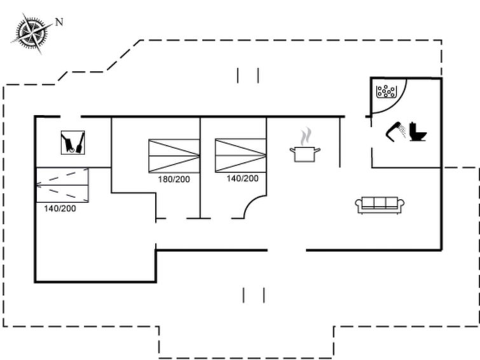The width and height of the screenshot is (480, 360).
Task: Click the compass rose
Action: tap(31, 33)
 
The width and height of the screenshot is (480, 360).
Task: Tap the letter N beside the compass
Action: tap(59, 22)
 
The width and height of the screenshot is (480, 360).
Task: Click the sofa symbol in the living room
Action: tap(380, 205)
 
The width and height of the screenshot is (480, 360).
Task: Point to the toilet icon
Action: tap(418, 132)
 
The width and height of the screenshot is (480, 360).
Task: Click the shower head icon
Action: tap(396, 131)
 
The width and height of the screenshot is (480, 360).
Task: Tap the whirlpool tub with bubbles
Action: tap(386, 92)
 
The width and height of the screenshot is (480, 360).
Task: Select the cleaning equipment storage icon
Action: tap(73, 142)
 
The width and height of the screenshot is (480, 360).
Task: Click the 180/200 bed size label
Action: tap(174, 179)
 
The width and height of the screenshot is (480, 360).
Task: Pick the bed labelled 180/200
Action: tap(174, 156)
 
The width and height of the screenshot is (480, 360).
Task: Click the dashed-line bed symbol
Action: tap(62, 185)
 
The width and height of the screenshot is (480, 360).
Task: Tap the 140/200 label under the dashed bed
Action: tap(60, 209)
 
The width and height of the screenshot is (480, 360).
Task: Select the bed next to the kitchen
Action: tap(240, 155)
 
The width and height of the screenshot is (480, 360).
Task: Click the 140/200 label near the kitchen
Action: tap(242, 178)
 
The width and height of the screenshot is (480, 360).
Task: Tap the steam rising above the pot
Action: tap(306, 137)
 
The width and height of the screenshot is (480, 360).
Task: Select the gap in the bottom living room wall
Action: tap(287, 251)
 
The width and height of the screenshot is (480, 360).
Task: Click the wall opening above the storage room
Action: tap(71, 116)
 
